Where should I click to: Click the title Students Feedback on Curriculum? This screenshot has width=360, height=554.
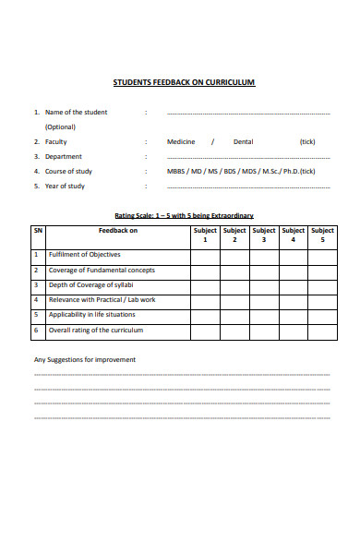click(184, 82)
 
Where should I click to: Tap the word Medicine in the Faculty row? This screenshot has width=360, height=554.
click(181, 141)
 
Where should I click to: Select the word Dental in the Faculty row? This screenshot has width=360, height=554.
click(243, 141)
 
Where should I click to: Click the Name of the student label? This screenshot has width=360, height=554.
click(77, 112)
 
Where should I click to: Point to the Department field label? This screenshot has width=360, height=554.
click(64, 156)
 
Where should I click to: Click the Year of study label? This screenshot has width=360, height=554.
click(65, 186)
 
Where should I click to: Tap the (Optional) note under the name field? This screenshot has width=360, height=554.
click(61, 126)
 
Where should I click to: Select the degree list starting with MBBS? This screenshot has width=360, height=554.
click(241, 171)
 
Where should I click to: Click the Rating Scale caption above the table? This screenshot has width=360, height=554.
click(184, 215)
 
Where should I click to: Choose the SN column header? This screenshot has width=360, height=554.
click(38, 231)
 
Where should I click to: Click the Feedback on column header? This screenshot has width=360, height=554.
click(118, 231)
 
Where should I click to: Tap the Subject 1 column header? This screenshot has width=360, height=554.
click(205, 235)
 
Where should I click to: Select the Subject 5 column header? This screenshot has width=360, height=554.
click(323, 235)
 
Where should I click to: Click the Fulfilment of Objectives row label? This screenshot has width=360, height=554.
click(85, 255)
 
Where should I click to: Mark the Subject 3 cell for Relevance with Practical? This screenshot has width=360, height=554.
click(264, 300)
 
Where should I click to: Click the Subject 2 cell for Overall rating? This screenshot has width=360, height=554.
click(234, 330)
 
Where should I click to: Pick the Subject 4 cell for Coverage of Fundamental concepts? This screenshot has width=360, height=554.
click(294, 271)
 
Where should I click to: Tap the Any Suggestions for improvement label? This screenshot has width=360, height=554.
click(85, 359)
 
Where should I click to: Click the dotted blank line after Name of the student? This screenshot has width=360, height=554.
click(247, 113)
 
